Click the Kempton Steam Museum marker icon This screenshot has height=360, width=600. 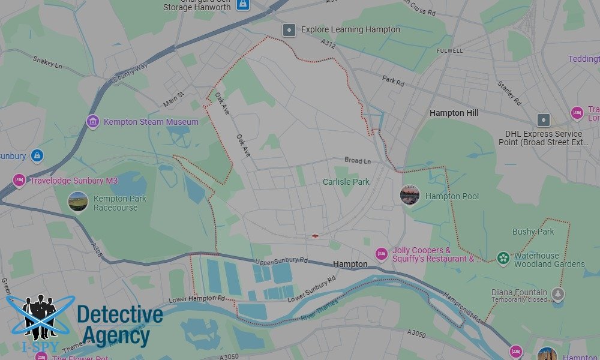click(92, 122)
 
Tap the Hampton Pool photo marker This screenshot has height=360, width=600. click(410, 195)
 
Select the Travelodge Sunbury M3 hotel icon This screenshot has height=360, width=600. click(19, 180)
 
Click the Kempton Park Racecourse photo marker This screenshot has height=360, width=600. click(78, 202)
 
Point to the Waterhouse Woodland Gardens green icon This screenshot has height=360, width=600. click(503, 259)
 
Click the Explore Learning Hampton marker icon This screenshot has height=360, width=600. click(289, 29)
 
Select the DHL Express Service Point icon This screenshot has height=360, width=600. click(544, 119)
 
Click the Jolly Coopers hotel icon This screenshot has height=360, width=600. click(381, 254)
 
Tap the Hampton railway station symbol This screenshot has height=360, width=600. click(314, 236)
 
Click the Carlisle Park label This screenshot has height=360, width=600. click(346, 182)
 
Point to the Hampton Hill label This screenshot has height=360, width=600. click(455, 113)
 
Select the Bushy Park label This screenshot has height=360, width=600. click(533, 232)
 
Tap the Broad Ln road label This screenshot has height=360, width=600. click(358, 160)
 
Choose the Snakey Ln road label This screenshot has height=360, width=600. click(47, 62)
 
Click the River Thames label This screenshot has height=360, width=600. click(319, 310)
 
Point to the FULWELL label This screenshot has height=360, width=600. click(450, 51)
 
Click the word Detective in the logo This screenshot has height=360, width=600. click(120, 314)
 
